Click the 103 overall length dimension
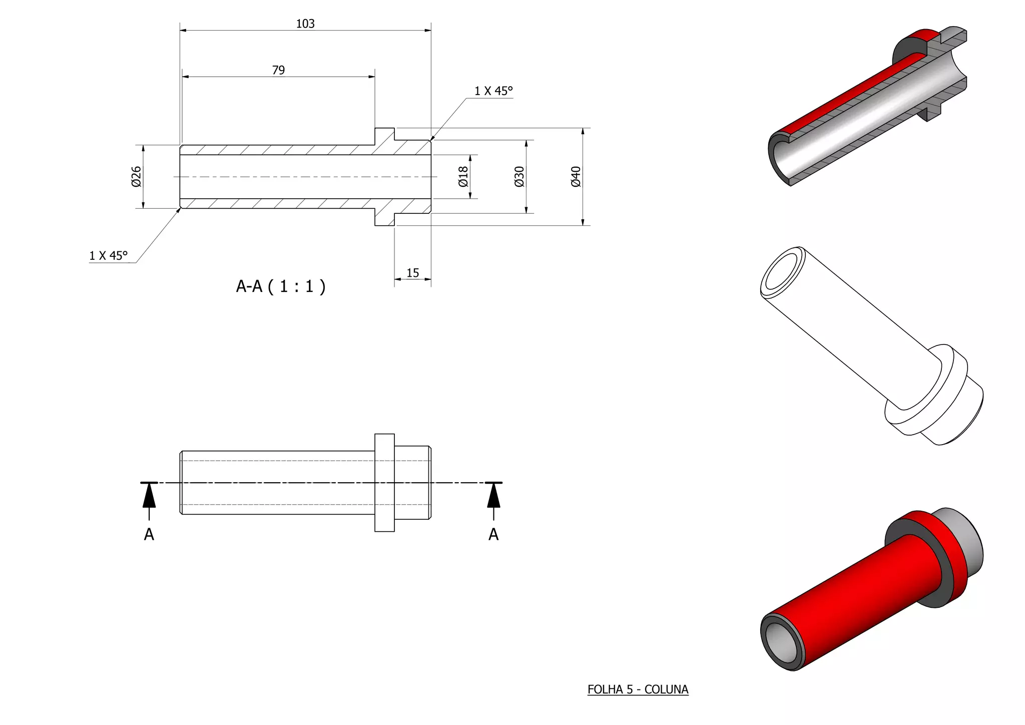[x=305, y=24]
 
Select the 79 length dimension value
[x=279, y=70]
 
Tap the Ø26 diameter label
[x=136, y=177]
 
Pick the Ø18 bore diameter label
[x=463, y=177]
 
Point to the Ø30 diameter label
[x=519, y=177]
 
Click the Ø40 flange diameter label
[x=576, y=177]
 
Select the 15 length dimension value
[x=412, y=273]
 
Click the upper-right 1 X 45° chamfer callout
[x=493, y=91]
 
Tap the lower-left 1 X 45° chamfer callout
[x=109, y=255]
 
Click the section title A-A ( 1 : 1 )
[x=281, y=286]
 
